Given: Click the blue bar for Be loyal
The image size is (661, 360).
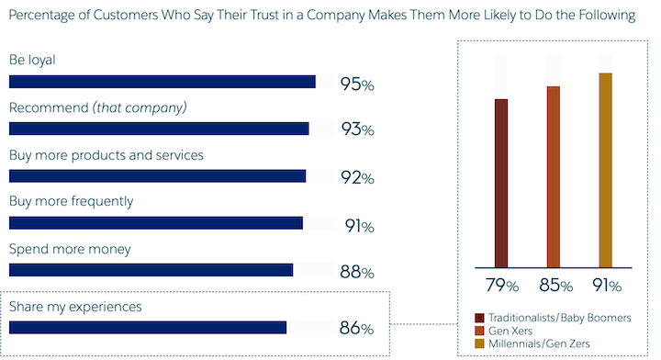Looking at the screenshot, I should (x=162, y=82).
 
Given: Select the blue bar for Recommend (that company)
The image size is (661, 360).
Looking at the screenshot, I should (x=158, y=129).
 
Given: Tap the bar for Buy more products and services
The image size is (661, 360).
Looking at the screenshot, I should (x=157, y=175).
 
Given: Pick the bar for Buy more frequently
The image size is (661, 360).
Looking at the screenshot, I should (x=155, y=222).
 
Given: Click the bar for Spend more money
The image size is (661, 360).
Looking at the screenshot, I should (x=151, y=269).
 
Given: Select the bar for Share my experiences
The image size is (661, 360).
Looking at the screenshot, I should (x=148, y=327).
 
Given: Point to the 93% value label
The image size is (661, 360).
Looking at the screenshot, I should (x=356, y=129).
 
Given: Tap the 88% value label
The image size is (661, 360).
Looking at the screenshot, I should (x=356, y=272).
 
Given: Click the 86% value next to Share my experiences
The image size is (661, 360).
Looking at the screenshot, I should (x=356, y=328).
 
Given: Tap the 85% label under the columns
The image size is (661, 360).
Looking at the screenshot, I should (x=554, y=284).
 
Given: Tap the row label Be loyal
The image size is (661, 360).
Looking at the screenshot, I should (x=32, y=60).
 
